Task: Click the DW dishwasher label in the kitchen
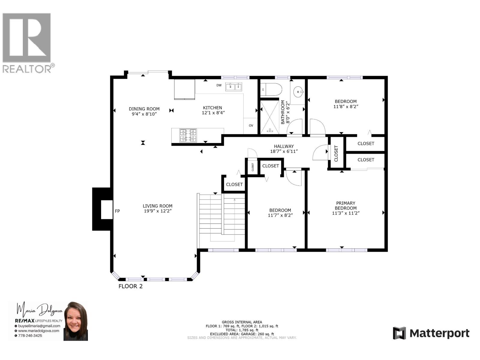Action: coord(219,85)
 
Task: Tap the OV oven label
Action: coord(251,125)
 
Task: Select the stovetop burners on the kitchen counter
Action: coord(188,135)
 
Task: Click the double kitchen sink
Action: coord(234,87)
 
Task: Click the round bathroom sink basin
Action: coord(298,91)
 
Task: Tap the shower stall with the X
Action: coord(270,117)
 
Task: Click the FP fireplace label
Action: coord(117,211)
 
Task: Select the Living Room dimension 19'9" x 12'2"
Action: coord(157,211)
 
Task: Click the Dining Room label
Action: coord(144,109)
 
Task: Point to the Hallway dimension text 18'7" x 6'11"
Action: coord(284,151)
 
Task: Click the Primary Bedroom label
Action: coord(346,205)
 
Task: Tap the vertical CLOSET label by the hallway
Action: coord(336,153)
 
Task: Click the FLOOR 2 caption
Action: coord(130,286)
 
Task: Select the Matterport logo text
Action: coord(439,333)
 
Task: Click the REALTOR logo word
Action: coord(27,69)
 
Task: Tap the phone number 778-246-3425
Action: coord(30,336)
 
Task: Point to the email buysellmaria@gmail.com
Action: coord(39,326)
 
